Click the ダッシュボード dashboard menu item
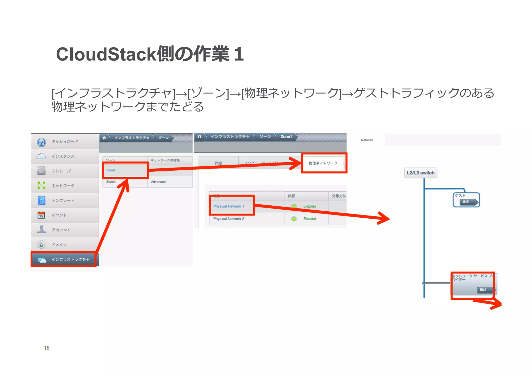[65, 142]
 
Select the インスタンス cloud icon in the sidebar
[41, 156]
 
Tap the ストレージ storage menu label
[61, 171]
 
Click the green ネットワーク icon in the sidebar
[41, 185]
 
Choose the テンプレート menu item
[63, 200]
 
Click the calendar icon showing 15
[41, 215]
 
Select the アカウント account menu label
[61, 230]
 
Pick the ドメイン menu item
[59, 245]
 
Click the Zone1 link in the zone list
[111, 170]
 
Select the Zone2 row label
[111, 182]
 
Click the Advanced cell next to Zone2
[158, 182]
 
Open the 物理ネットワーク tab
[323, 163]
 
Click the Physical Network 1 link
[229, 206]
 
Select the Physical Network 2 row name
[229, 219]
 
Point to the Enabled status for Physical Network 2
[310, 219]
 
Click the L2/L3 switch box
[420, 173]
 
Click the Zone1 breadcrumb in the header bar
[286, 137]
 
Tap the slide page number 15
[47, 348]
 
